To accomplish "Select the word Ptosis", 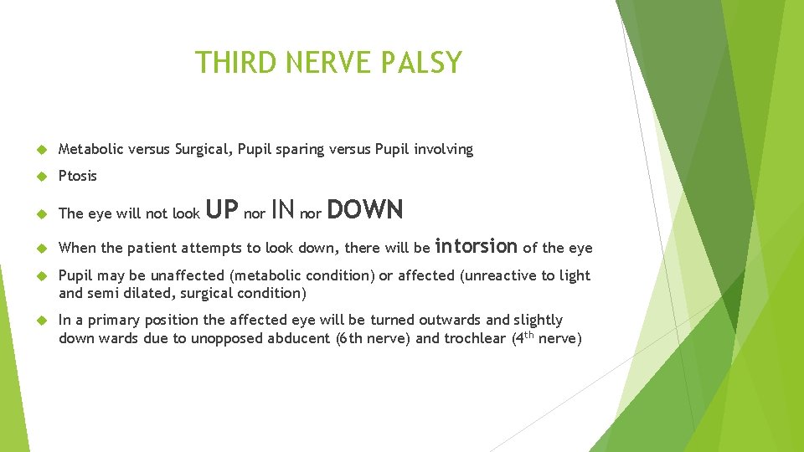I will pos(77,176).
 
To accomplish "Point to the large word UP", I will pos(222,209).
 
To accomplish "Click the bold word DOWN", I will pos(365,209).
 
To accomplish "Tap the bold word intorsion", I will pos(476,246).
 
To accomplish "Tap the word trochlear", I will pos(475,338).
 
